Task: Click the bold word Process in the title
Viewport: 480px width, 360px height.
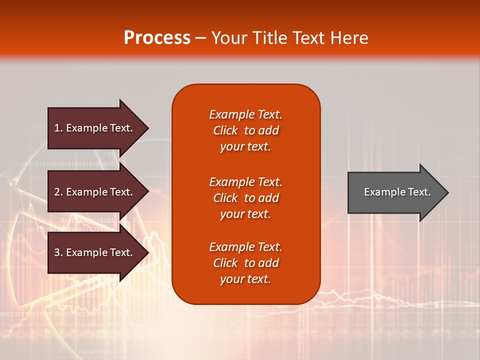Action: point(157,38)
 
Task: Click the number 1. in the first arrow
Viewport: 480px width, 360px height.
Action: point(58,128)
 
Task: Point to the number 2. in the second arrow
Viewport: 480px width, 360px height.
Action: point(58,192)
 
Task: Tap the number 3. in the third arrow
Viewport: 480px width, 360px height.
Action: point(58,252)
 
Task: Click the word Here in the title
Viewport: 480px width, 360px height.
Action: point(349,38)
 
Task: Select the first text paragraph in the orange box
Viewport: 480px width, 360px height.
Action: point(246,130)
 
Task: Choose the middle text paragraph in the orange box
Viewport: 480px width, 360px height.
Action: point(246,198)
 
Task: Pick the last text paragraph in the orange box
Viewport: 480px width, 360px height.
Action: point(246,263)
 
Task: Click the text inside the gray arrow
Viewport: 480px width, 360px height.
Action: point(397,192)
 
